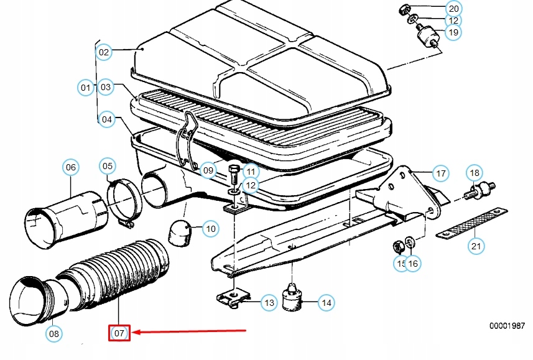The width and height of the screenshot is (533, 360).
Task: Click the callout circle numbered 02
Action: [104, 52]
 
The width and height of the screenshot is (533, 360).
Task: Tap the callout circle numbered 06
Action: [71, 167]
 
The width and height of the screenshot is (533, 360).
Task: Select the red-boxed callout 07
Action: [119, 333]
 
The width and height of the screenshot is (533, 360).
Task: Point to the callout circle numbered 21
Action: [476, 246]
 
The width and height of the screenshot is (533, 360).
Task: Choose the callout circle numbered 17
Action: [440, 173]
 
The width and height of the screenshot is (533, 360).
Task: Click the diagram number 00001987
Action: [507, 326]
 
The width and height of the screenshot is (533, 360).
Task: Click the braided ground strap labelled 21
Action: [471, 221]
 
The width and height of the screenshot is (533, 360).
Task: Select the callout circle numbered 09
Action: [208, 169]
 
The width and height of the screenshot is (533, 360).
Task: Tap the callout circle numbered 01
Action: [85, 88]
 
